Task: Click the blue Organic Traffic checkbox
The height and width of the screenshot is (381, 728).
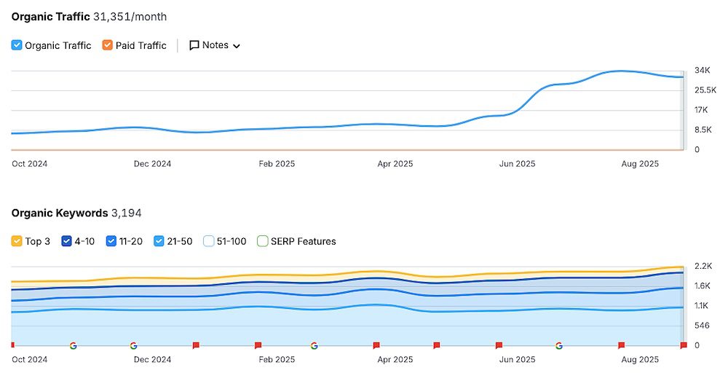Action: [x=17, y=45]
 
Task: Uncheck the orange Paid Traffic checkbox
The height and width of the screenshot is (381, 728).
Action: [x=108, y=45]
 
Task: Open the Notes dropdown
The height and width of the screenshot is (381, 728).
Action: [x=215, y=45]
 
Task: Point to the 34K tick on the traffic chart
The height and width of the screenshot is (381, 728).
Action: [x=702, y=71]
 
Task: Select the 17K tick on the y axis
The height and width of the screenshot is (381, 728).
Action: [x=701, y=110]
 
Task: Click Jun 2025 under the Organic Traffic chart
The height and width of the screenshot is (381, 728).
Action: [x=517, y=164]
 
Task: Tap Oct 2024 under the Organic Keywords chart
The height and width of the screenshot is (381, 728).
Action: [x=29, y=360]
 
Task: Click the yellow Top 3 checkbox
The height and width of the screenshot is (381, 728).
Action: [x=17, y=241]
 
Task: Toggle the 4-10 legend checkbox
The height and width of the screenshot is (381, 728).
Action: [x=67, y=241]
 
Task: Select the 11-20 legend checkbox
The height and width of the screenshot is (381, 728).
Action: [x=111, y=241]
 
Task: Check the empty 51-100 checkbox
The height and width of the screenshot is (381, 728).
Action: [x=208, y=241]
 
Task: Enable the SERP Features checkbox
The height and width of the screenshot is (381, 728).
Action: [x=263, y=241]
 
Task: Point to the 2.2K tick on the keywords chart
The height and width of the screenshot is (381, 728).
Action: [x=703, y=266]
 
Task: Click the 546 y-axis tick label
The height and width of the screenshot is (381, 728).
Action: [x=702, y=325]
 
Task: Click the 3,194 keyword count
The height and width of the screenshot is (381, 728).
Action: [x=126, y=213]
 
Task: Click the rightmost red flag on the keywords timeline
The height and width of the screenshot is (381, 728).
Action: [x=683, y=345]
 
